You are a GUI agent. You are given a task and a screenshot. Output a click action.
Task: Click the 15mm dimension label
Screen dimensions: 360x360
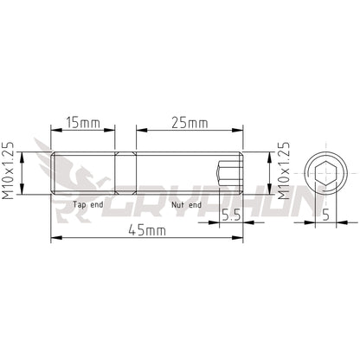[x=82, y=123]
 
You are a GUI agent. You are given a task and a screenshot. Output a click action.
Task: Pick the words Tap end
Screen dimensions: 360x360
[x=89, y=205]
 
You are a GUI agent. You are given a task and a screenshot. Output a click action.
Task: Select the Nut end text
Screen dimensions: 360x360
[x=186, y=205]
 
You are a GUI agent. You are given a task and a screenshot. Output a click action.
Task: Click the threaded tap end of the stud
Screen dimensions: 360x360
[x=82, y=174]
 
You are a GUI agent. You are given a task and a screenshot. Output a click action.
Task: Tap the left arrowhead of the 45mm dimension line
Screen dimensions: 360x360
[x=55, y=237]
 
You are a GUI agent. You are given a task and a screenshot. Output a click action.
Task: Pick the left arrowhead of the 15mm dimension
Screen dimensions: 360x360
[x=55, y=131]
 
